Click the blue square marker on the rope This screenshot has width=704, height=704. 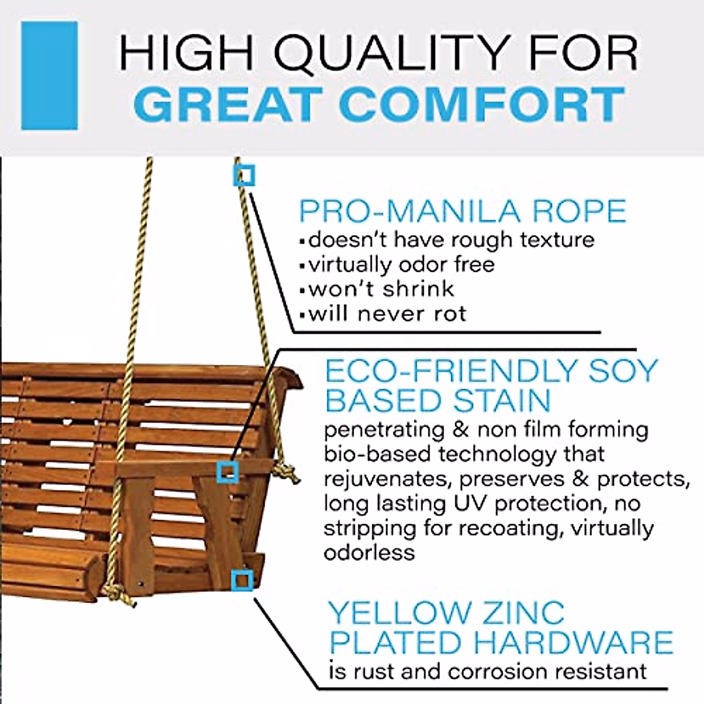tap(244, 175)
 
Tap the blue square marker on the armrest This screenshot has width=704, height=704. tap(228, 472)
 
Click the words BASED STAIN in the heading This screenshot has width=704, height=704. tap(438, 401)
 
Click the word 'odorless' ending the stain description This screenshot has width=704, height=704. tap(369, 553)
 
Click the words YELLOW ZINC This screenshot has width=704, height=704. tap(446, 613)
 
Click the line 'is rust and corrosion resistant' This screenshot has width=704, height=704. tap(488, 671)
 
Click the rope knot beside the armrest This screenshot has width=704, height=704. tap(287, 472)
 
